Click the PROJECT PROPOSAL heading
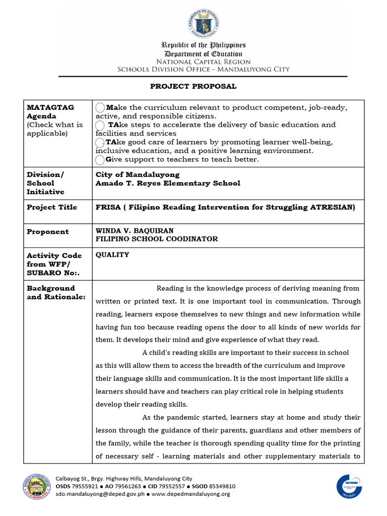pos(193,86)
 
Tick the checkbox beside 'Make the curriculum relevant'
pos(100,107)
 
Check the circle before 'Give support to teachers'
pos(100,160)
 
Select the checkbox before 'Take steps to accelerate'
pos(100,125)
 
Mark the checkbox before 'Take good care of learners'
pos(100,143)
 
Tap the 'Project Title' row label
pos(52,207)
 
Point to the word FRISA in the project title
pos(107,207)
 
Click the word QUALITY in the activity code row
pos(112,255)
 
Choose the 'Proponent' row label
pos(48,231)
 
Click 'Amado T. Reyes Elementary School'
pos(168,183)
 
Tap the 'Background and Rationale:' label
pos(56,292)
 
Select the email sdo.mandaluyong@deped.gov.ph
pos(99,494)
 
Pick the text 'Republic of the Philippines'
pos(203,45)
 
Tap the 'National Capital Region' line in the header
pos(203,61)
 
